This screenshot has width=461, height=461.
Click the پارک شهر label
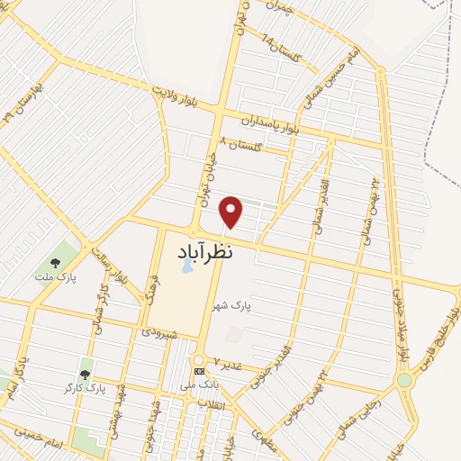[x=231, y=307]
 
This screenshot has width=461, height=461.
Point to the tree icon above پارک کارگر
[x=86, y=375]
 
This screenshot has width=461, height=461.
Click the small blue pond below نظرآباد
[x=186, y=267]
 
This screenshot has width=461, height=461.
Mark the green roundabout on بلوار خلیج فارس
[x=404, y=380]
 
